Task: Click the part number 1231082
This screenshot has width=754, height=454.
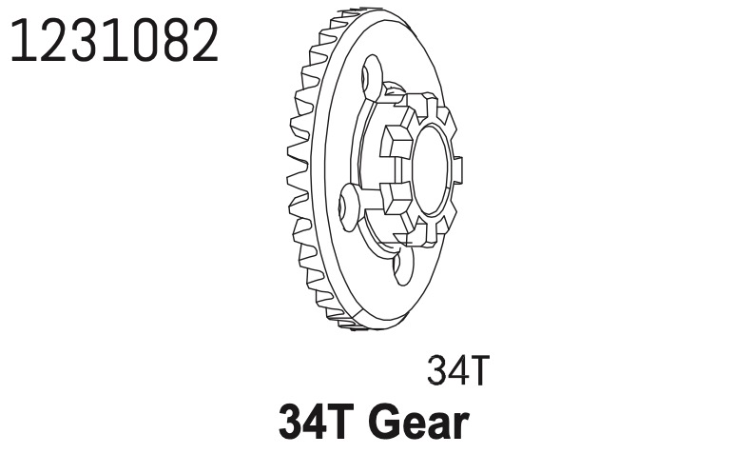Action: [114, 41]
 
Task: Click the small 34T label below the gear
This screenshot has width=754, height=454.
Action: [458, 370]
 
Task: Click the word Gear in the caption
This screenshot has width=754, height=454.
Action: [418, 423]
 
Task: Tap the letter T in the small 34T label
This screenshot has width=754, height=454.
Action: [478, 370]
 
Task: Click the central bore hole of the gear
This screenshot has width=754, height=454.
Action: [432, 170]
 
